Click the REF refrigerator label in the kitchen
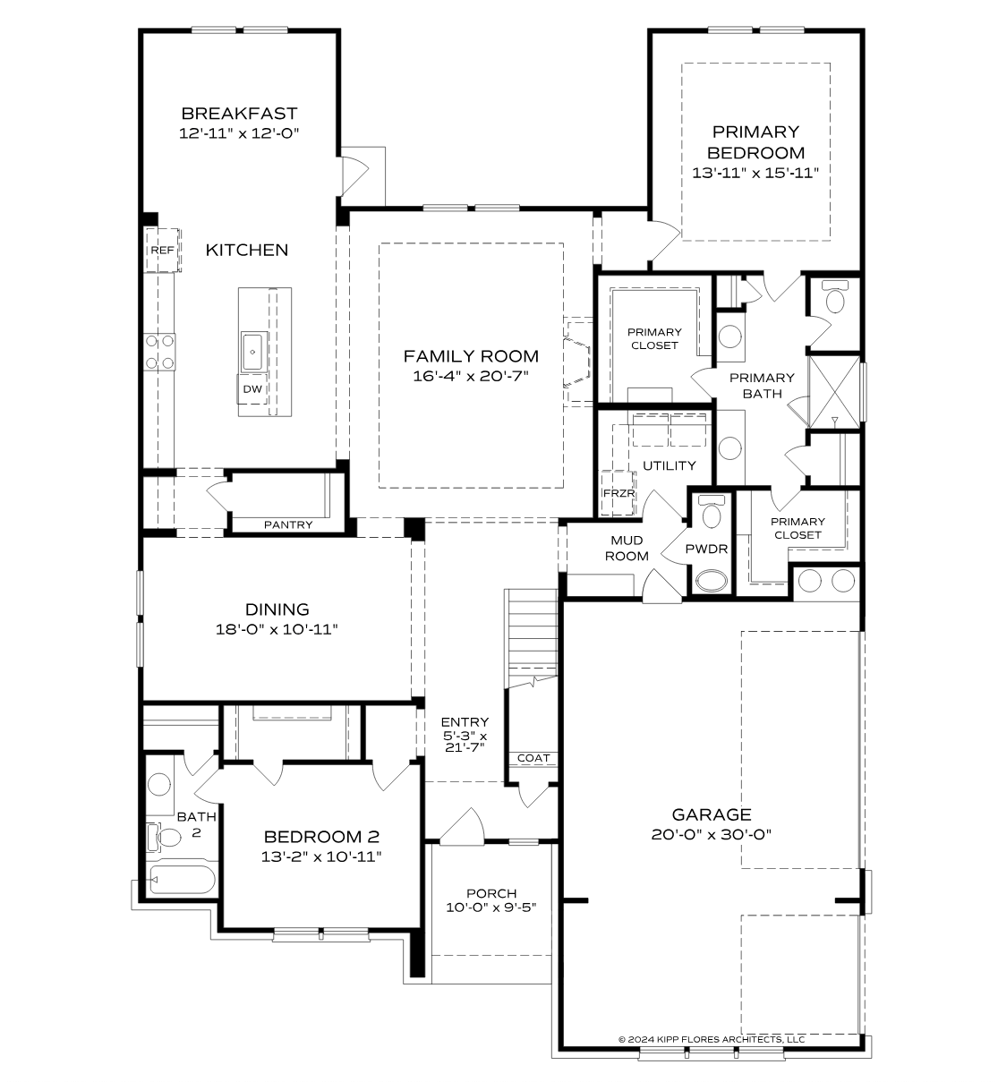pos(162,251)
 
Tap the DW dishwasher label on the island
pos(252,388)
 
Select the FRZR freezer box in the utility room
pos(618,494)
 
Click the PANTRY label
pos(288,524)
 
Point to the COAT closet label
pos(533,758)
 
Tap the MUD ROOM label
pos(627,548)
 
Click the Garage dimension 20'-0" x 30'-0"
pos(712,833)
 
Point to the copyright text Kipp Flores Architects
pos(712,1039)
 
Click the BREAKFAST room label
pos(239,114)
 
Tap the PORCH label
pos(491,893)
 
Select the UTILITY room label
pos(669,465)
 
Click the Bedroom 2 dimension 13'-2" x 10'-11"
pos(322,856)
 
